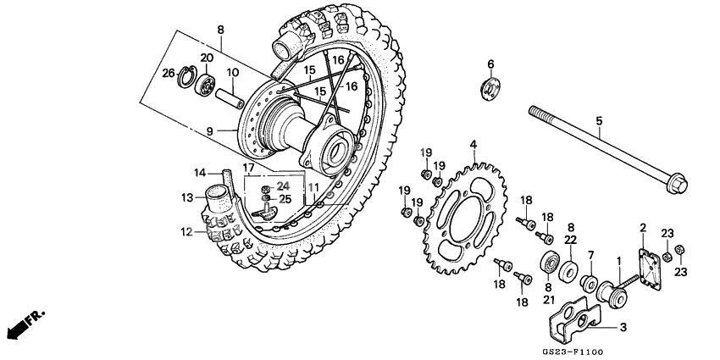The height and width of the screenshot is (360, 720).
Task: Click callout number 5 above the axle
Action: pos(598,122)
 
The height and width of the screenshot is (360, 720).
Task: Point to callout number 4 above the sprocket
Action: pos(474,145)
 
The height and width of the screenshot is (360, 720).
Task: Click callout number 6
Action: pos(490,64)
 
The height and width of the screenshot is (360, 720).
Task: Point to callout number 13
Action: pos(187,198)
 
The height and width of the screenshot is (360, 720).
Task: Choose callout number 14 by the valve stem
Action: pos(201,173)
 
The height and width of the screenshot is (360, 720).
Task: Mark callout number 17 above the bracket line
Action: pos(249,168)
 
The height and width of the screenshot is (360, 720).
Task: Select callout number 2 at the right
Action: pos(642,228)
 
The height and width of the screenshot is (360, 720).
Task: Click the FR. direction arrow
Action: pos(23,323)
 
